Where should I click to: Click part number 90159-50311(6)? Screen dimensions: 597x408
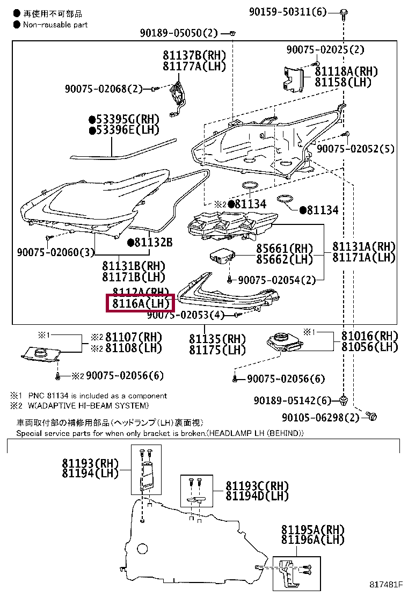tap(287, 11)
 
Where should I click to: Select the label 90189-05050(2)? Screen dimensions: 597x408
tap(179, 33)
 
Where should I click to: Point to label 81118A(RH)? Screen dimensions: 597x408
tap(346, 71)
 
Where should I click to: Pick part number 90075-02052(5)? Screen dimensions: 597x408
tap(356, 149)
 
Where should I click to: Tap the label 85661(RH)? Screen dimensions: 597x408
tap(285, 249)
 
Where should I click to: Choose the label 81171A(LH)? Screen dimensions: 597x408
tap(364, 258)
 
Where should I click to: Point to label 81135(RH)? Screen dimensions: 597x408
tap(217, 339)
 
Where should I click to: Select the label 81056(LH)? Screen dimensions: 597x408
tap(370, 347)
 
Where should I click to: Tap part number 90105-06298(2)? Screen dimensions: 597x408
tap(321, 417)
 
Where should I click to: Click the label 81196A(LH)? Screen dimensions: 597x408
tap(312, 540)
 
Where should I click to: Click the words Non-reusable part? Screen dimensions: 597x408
tap(55, 25)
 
